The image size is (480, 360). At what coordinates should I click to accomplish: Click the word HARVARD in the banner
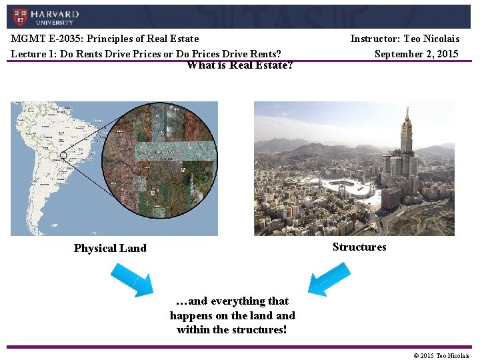pos(55,14)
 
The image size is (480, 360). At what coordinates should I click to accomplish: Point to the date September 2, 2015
pos(416,53)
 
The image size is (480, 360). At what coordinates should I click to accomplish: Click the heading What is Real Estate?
pos(240,65)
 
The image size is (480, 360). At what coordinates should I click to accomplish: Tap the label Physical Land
pos(110,248)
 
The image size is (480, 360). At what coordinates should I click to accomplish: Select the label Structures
pos(359,247)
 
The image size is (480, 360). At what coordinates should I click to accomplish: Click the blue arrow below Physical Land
pos(132,279)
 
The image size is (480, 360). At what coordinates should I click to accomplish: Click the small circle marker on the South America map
pos(63,155)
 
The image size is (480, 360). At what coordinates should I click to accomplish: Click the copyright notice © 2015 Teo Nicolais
pos(441,355)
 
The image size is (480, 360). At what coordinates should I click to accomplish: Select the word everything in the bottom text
pos(239,301)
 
